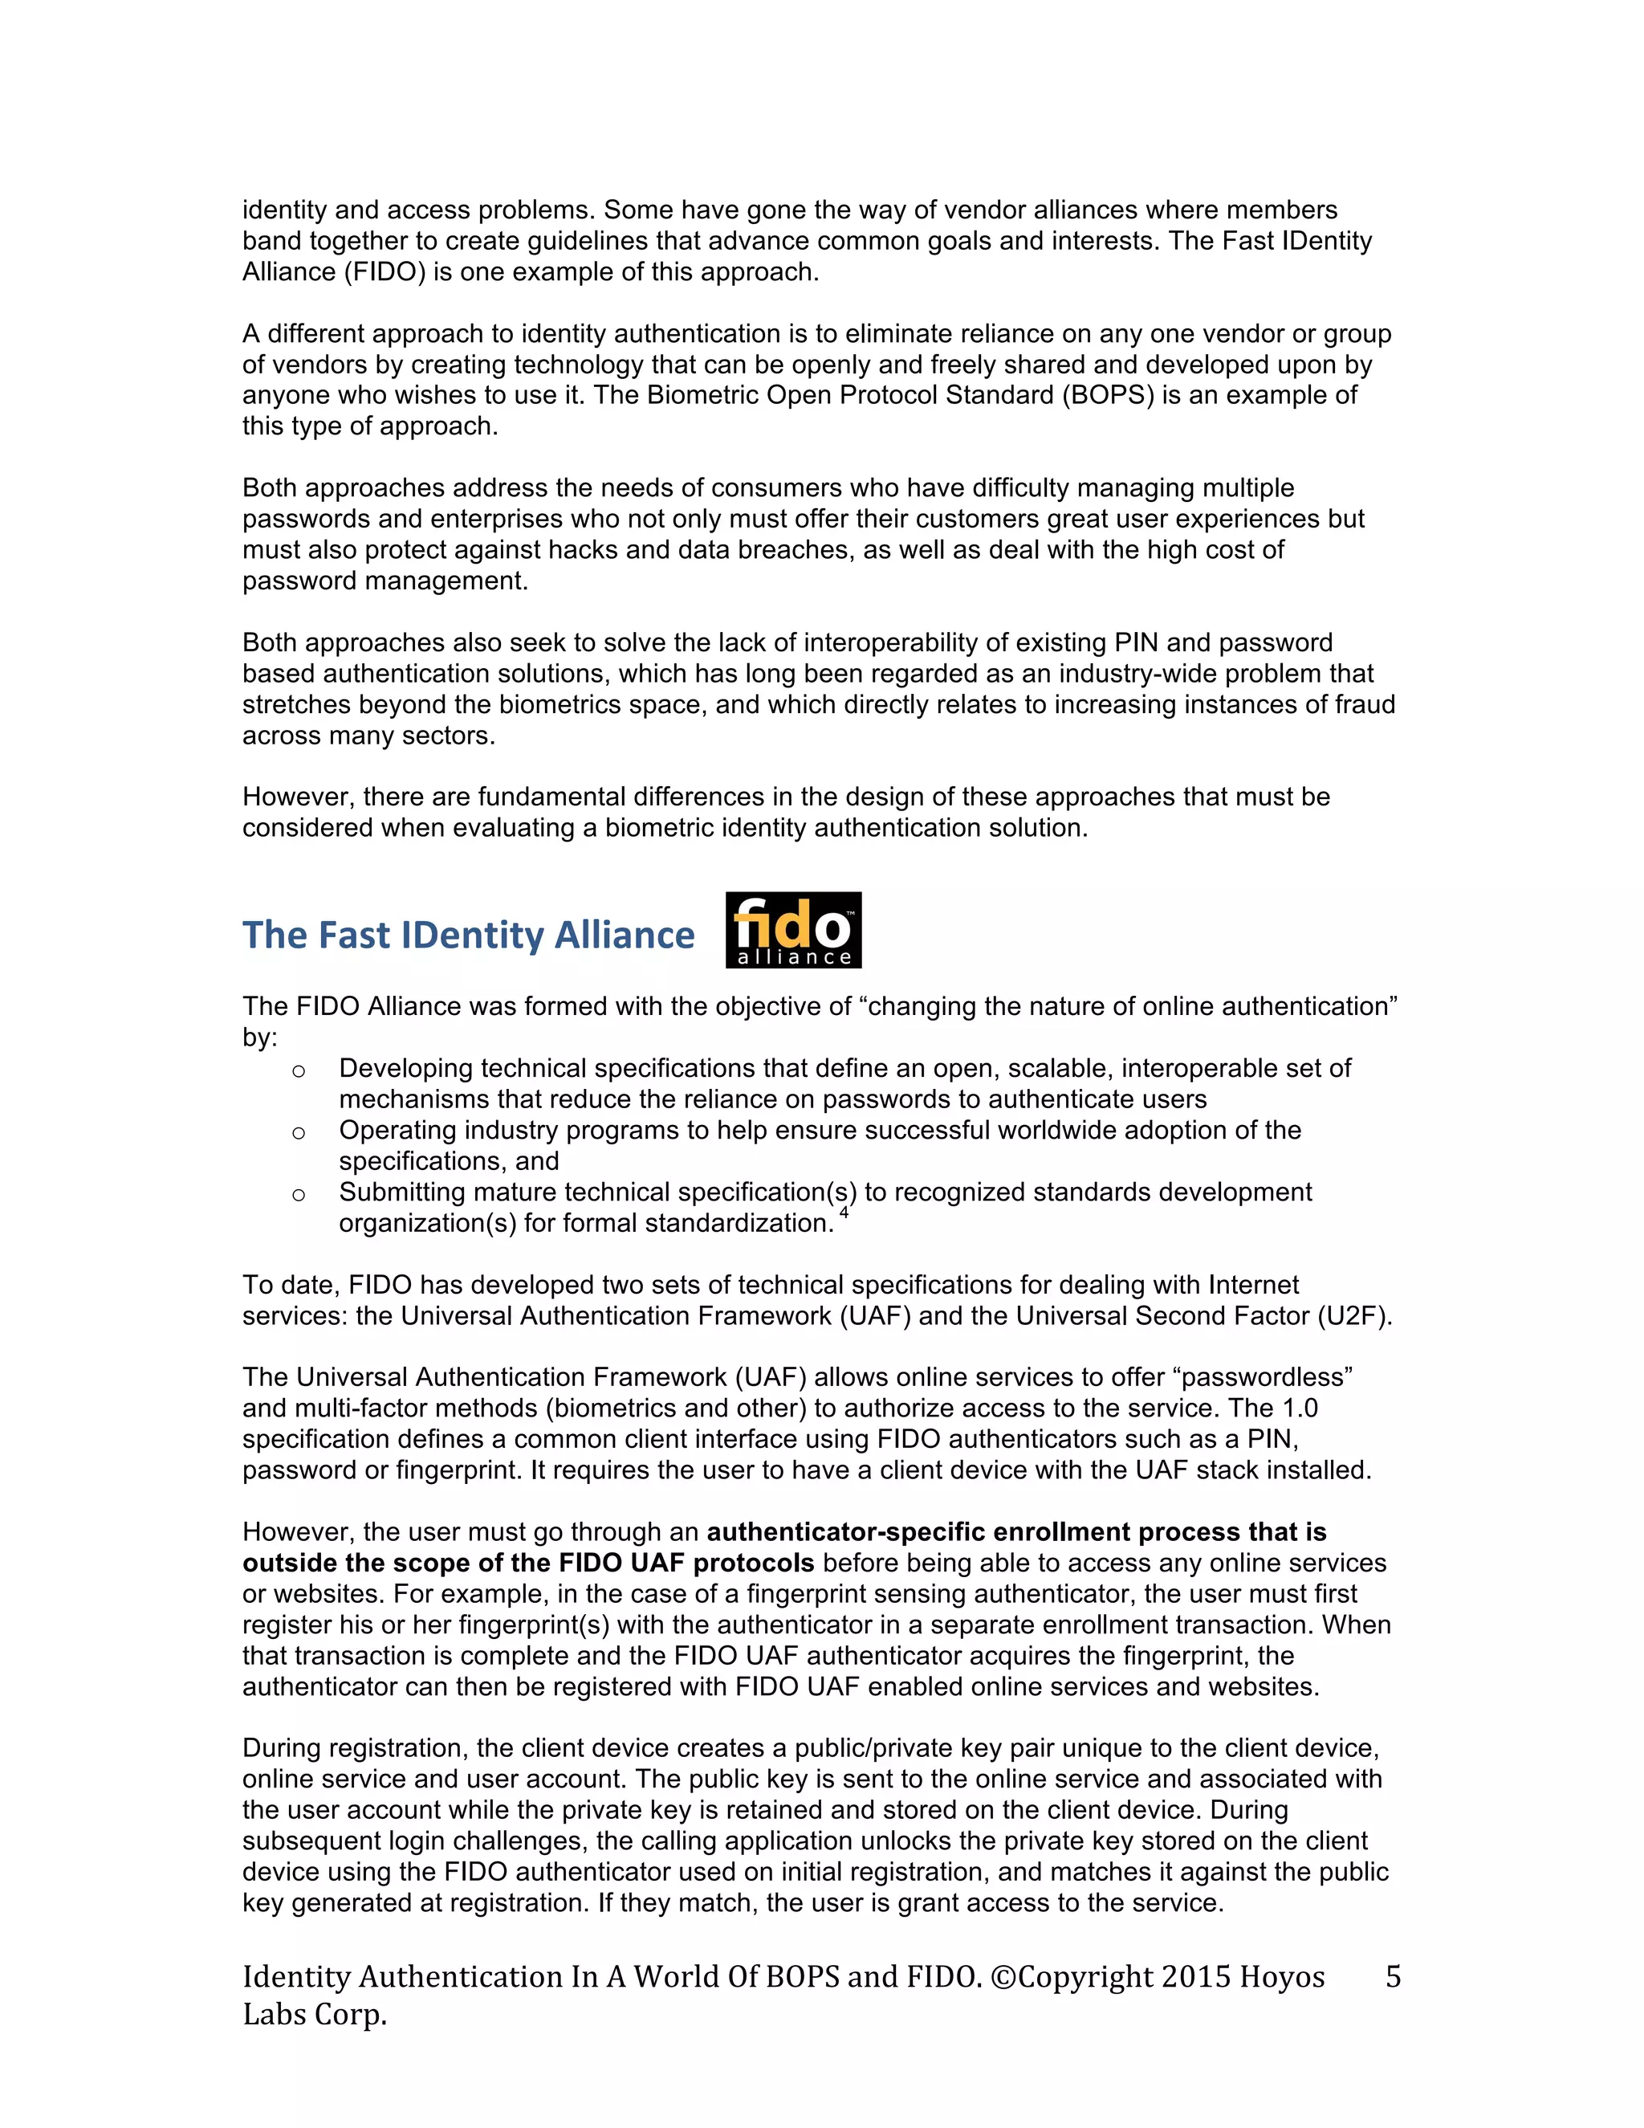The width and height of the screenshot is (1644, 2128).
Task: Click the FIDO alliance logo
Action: point(793,930)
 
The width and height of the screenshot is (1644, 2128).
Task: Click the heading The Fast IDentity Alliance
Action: point(469,936)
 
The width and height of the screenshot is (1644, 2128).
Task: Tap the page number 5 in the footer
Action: point(1393,1976)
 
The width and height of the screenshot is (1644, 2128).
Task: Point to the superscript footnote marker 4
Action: point(844,1213)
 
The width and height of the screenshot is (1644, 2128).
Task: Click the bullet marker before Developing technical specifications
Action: point(299,1070)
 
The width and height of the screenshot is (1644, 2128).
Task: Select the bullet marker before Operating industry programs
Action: point(299,1133)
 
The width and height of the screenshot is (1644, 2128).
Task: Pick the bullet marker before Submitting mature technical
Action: point(299,1195)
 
